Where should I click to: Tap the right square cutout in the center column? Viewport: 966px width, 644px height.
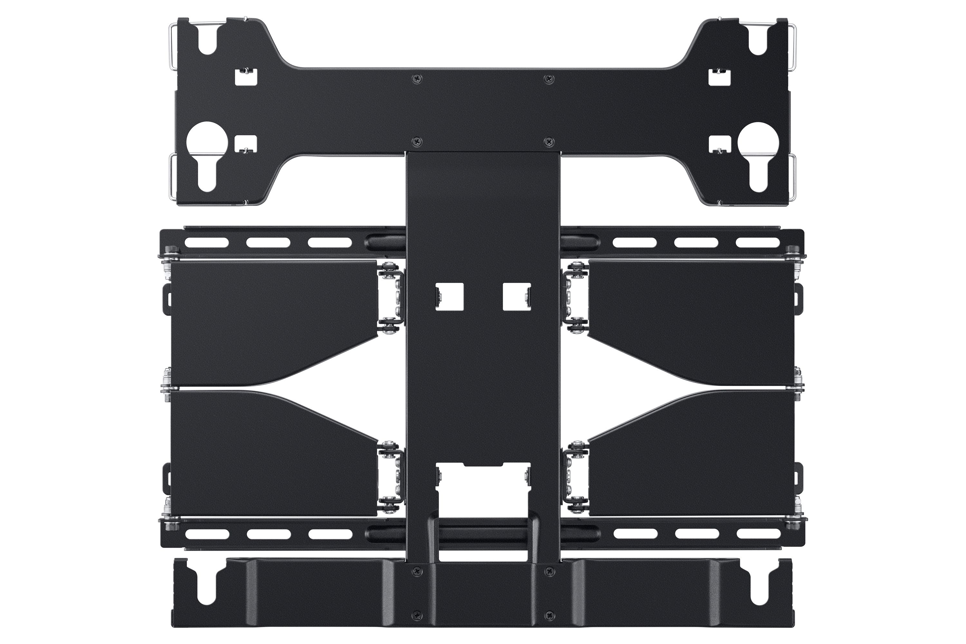(x=517, y=297)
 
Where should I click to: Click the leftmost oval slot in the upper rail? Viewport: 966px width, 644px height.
(x=207, y=243)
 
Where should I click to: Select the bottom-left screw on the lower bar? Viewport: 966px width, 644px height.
(x=417, y=617)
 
